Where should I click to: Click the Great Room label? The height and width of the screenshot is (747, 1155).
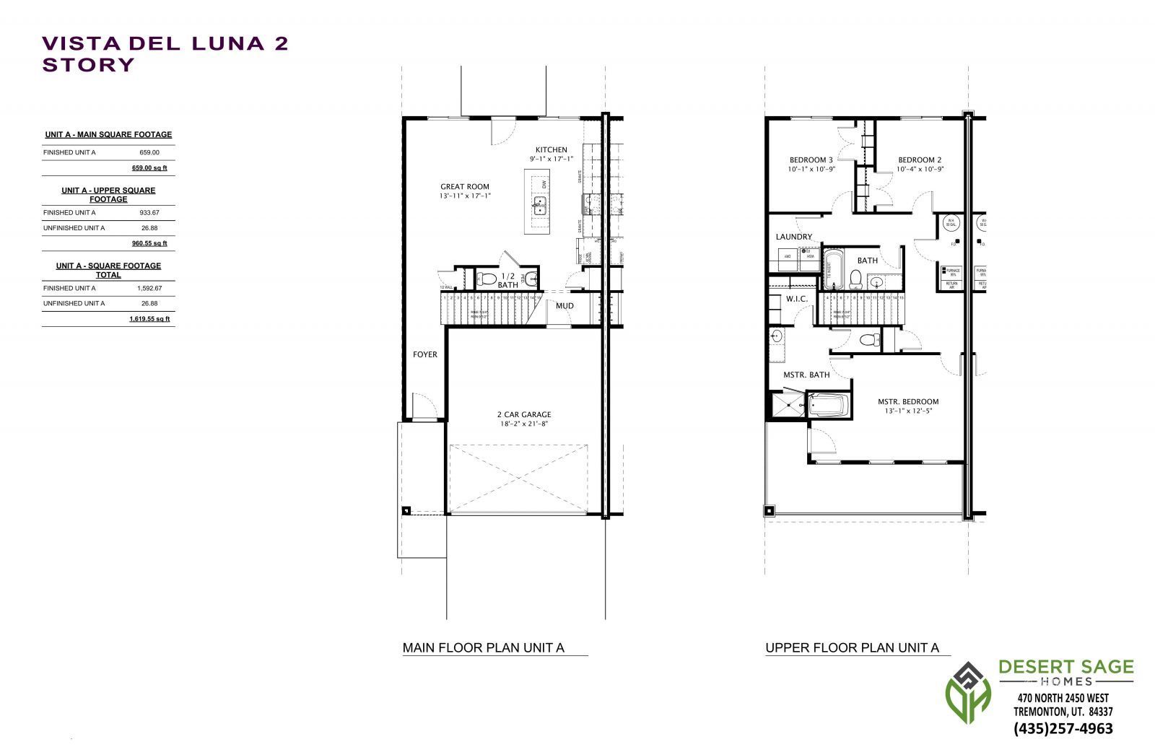(465, 186)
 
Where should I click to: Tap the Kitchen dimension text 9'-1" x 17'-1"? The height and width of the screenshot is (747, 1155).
(551, 159)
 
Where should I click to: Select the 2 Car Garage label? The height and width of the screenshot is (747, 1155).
(523, 414)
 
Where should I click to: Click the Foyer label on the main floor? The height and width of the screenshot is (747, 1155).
(424, 354)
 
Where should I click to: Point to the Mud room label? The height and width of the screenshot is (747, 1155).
(565, 306)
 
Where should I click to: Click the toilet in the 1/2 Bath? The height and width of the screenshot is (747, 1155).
(487, 278)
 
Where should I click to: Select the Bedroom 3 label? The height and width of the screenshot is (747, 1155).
(811, 160)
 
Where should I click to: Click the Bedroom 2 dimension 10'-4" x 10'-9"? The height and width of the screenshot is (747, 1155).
(920, 170)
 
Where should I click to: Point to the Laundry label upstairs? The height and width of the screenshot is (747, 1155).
(793, 237)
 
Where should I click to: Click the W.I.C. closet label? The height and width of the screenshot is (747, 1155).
(796, 299)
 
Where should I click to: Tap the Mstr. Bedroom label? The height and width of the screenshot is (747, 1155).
(907, 402)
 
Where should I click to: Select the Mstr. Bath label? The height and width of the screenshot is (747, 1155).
(806, 375)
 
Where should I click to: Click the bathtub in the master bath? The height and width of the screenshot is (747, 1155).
(829, 405)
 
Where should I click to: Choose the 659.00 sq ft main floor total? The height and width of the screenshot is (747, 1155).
(149, 168)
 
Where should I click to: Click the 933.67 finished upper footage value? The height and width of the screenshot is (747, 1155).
(149, 213)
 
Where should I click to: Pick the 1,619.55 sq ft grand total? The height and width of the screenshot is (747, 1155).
(149, 318)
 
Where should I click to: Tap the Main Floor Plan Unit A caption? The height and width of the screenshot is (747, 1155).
(483, 648)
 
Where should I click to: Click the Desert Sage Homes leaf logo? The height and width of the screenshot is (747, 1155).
(969, 696)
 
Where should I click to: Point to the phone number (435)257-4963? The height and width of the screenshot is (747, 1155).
(1063, 728)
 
